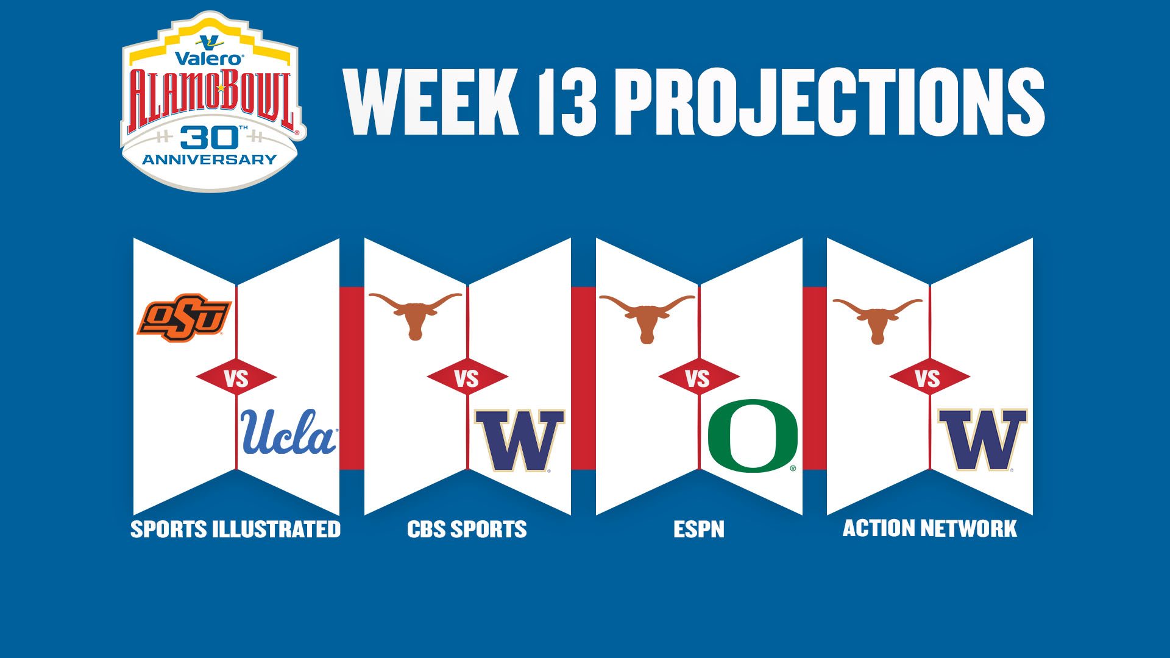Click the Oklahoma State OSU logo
click(x=184, y=317)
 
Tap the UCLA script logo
click(x=289, y=432)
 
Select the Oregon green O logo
click(x=753, y=436)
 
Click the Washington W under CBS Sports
click(x=520, y=440)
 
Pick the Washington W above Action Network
click(x=982, y=440)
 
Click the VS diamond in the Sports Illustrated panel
click(x=236, y=378)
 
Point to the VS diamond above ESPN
click(x=699, y=378)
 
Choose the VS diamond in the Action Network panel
click(x=929, y=378)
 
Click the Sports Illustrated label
click(x=236, y=529)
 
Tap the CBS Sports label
click(x=467, y=529)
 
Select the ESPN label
click(x=699, y=529)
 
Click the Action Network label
click(x=930, y=528)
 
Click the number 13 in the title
click(x=567, y=102)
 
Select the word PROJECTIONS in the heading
click(x=830, y=102)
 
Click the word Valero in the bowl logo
click(x=209, y=58)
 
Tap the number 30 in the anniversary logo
click(x=209, y=138)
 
